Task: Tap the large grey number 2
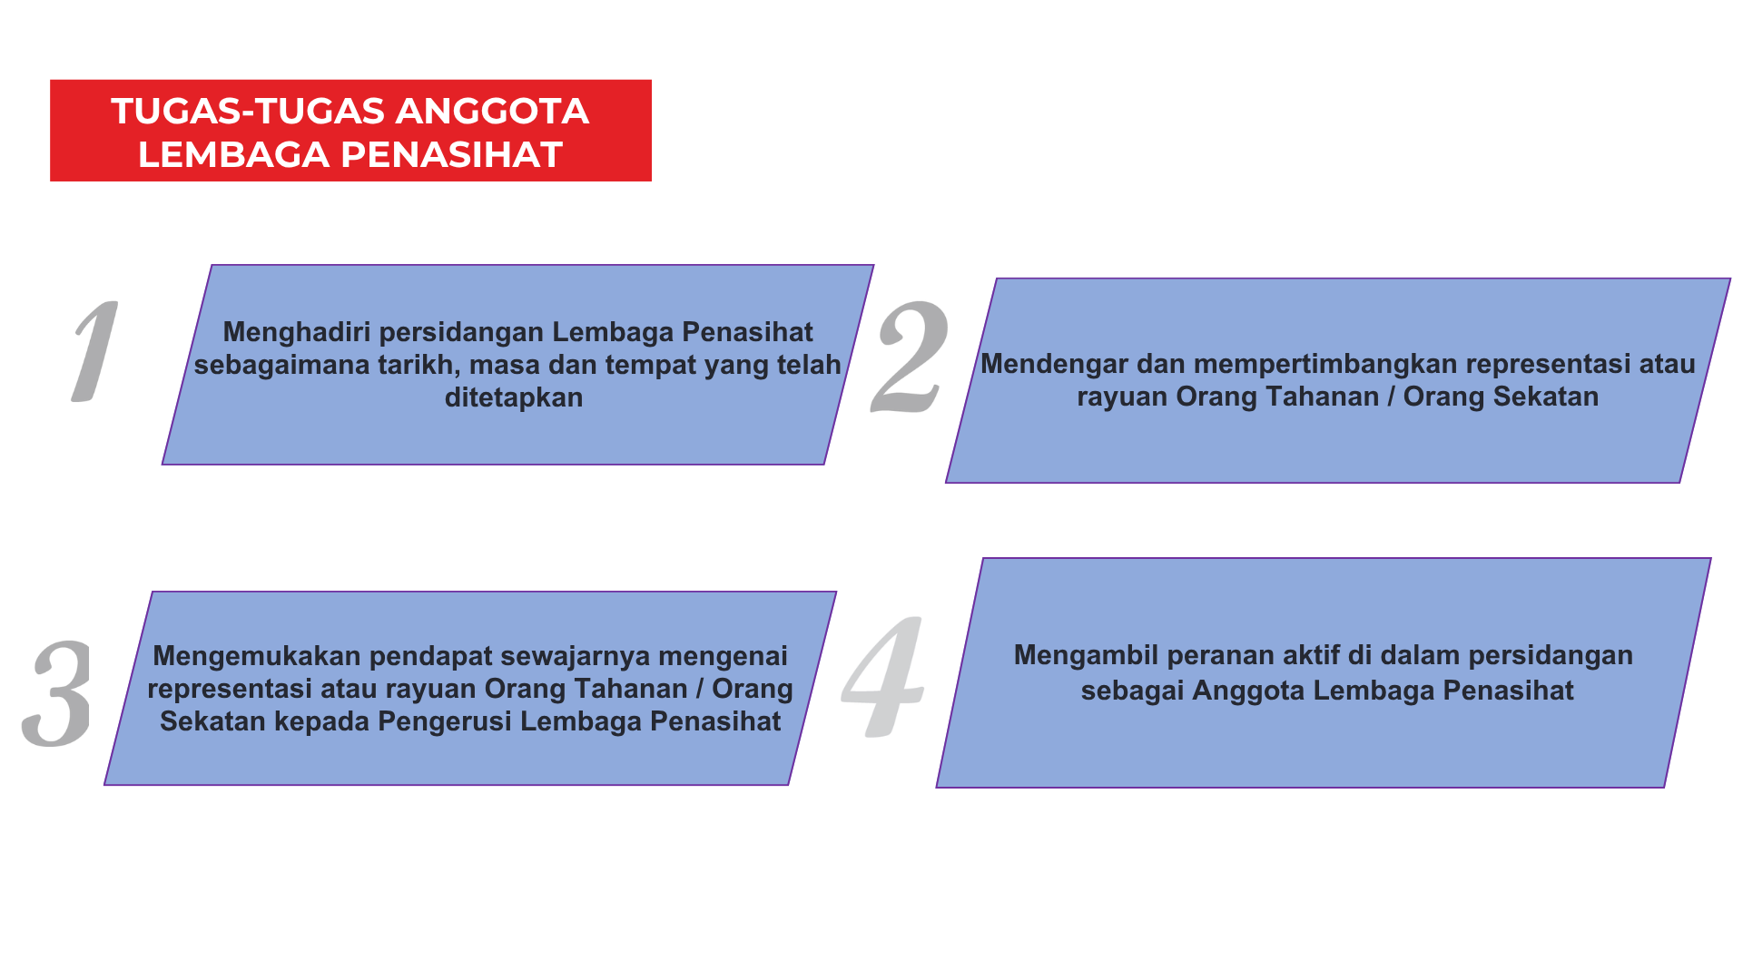click(x=911, y=357)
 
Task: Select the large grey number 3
click(x=58, y=693)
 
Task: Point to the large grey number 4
click(x=883, y=676)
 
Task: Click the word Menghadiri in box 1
click(x=297, y=332)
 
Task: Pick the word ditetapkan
click(x=514, y=397)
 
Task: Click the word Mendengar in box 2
click(x=1049, y=364)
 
